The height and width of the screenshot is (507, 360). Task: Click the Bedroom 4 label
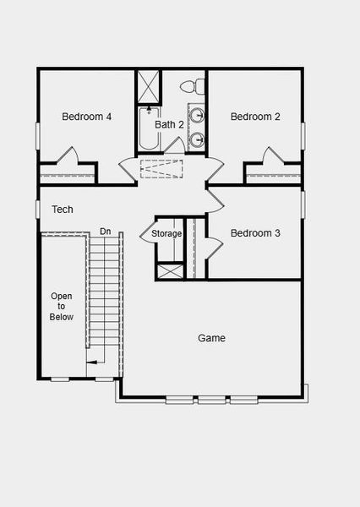coord(87,117)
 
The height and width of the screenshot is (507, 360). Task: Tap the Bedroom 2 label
coord(255,117)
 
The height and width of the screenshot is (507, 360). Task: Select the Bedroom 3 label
coord(255,233)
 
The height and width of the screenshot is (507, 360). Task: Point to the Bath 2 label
coord(169,124)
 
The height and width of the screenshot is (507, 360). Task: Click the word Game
coord(211,338)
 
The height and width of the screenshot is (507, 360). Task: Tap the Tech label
coord(62,209)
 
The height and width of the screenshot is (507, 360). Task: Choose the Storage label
coord(166,233)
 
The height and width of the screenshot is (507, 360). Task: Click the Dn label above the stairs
coord(105,231)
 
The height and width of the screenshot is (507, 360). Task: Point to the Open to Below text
coord(62,306)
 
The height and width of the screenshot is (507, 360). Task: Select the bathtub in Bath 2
coord(150,129)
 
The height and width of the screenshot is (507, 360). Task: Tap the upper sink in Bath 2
coord(197,116)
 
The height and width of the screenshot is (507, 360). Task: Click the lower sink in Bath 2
coord(197,139)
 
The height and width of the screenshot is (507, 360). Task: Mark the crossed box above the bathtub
coord(149,85)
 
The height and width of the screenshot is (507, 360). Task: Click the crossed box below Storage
coord(167,271)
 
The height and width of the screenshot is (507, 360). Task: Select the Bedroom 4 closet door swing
coord(68,157)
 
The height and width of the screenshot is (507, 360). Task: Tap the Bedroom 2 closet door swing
coord(272,157)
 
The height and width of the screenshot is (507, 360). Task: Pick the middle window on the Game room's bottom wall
coord(212,399)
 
